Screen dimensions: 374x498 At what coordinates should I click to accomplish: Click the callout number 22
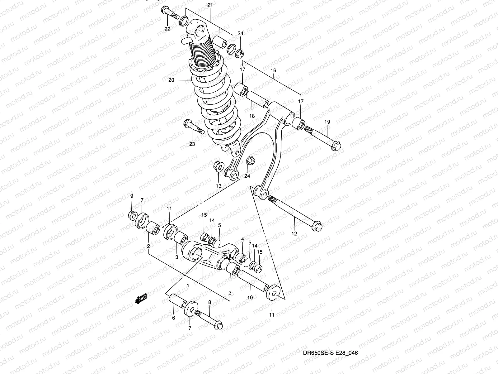pyautogui.click(x=167, y=29)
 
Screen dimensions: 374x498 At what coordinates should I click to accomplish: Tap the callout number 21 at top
pyautogui.click(x=210, y=5)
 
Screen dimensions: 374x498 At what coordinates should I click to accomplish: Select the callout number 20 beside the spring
pyautogui.click(x=171, y=80)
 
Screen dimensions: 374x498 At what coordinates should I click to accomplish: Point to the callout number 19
pyautogui.click(x=327, y=122)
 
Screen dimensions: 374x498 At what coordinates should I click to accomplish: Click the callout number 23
pyautogui.click(x=192, y=144)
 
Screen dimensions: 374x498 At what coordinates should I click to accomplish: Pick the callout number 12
pyautogui.click(x=294, y=233)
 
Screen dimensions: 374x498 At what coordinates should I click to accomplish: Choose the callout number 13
pyautogui.click(x=218, y=186)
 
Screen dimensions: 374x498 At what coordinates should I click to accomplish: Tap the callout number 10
pyautogui.click(x=250, y=298)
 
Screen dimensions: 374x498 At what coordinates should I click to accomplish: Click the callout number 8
pyautogui.click(x=209, y=302)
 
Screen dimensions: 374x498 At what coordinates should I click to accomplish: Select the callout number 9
pyautogui.click(x=131, y=196)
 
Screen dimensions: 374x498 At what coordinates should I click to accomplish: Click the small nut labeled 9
pyautogui.click(x=132, y=215)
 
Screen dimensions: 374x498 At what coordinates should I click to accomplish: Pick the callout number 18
pyautogui.click(x=252, y=116)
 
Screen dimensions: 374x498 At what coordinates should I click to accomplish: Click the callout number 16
pyautogui.click(x=273, y=71)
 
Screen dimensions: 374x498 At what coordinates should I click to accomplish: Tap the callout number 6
pyautogui.click(x=173, y=318)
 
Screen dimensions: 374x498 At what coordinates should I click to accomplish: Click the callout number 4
pyautogui.click(x=242, y=239)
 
